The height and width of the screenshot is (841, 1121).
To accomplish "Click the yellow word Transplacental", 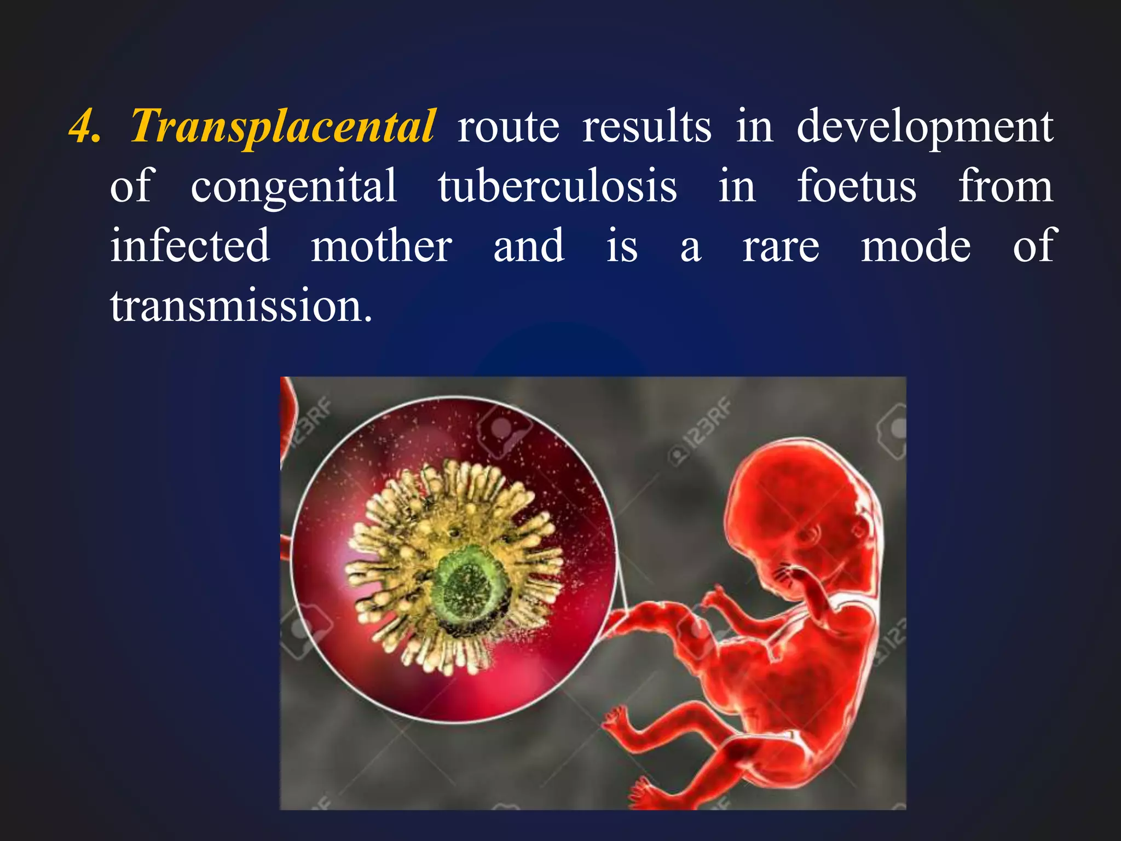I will [283, 127].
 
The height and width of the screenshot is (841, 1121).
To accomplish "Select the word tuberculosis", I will [557, 186].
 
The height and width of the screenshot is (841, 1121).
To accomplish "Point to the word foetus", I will [857, 186].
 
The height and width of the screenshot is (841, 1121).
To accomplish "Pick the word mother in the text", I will [382, 246].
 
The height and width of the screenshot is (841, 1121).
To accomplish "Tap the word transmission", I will [241, 306].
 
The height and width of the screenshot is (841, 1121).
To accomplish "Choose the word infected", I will [190, 246].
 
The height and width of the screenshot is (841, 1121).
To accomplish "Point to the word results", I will [646, 127].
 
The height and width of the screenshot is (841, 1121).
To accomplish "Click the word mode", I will [916, 246].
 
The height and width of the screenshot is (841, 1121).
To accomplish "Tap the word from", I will [1006, 186].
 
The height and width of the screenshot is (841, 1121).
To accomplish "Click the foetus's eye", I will [811, 534].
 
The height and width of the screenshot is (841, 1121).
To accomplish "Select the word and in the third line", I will [529, 246].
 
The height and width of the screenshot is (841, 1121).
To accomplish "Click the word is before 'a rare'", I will [622, 246].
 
